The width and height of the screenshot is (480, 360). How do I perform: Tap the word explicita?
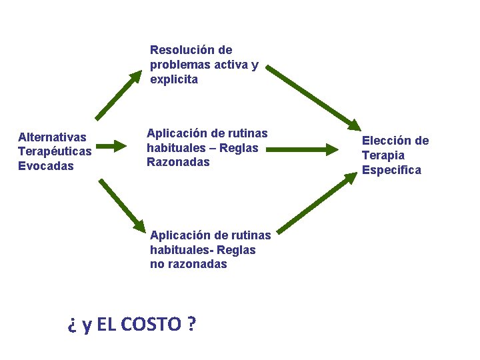pyautogui.click(x=174, y=79)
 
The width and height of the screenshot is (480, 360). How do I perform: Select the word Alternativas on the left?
pyautogui.click(x=53, y=137)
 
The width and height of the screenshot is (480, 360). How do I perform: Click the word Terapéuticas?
pyautogui.click(x=55, y=151)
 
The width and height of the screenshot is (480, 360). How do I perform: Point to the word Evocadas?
pyautogui.click(x=46, y=166)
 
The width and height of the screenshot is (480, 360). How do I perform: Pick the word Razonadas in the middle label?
pyautogui.click(x=178, y=162)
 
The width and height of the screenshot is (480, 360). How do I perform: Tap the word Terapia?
pyautogui.click(x=383, y=155)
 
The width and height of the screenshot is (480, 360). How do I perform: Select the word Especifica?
pyautogui.click(x=391, y=170)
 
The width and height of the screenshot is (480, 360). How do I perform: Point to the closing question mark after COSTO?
pyautogui.click(x=191, y=325)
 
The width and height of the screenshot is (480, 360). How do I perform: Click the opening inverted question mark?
pyautogui.click(x=71, y=325)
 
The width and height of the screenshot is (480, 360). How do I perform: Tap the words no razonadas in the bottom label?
pyautogui.click(x=189, y=264)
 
